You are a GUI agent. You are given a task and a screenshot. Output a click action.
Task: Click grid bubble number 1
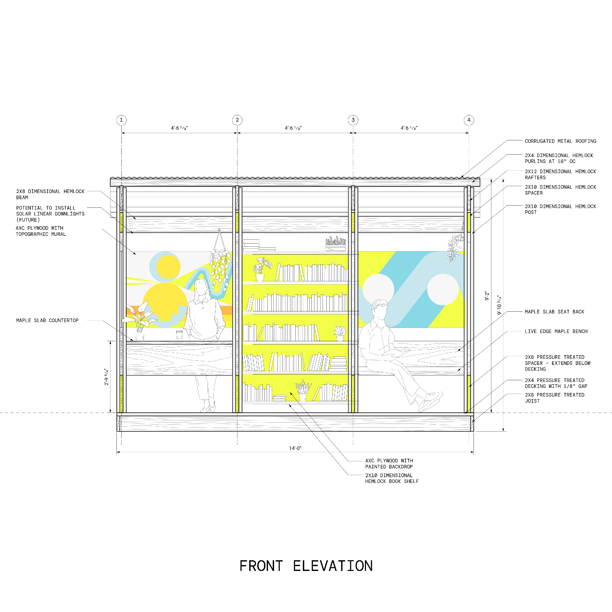click(x=121, y=120)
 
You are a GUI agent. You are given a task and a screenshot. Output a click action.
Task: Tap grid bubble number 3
click(x=353, y=120)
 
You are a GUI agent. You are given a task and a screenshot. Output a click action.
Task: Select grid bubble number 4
click(x=469, y=120)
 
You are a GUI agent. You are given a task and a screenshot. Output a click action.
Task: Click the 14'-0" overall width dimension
click(x=295, y=448)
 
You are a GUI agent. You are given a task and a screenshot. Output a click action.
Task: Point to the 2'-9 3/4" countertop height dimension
click(x=106, y=377)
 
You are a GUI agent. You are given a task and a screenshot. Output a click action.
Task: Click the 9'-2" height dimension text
click(x=487, y=296)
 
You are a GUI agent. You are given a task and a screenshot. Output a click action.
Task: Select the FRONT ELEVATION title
click(x=306, y=566)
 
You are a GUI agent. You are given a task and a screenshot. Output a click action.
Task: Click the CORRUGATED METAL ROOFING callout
click(x=560, y=141)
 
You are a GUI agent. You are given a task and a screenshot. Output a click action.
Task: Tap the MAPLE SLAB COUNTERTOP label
click(x=47, y=321)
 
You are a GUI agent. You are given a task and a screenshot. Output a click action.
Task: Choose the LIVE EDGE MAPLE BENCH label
click(x=556, y=331)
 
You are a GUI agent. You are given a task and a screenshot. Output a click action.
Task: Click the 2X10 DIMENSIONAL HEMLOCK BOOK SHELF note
click(x=391, y=478)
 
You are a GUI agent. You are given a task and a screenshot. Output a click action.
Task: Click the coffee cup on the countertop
click(x=179, y=335)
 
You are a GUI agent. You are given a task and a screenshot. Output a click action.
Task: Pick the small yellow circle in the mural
click(x=169, y=267)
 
